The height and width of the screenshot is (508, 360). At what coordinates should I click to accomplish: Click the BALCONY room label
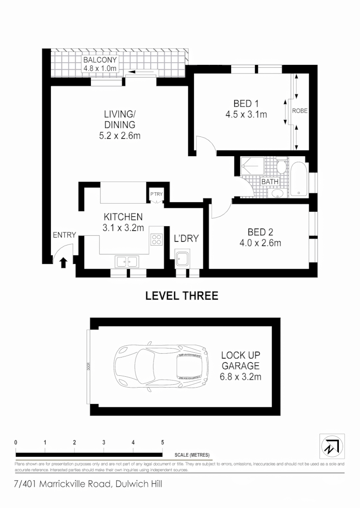click(x=100, y=60)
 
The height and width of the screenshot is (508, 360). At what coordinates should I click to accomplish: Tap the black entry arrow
click(x=64, y=262)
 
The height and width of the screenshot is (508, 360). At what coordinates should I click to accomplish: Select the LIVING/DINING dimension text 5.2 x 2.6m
click(x=120, y=136)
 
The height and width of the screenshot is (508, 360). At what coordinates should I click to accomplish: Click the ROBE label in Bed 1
click(x=300, y=111)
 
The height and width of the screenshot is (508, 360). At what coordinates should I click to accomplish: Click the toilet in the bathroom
click(x=281, y=167)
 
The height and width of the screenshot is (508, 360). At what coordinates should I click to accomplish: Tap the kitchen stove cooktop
click(x=156, y=239)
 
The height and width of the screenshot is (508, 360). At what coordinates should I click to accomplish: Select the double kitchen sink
click(x=126, y=261)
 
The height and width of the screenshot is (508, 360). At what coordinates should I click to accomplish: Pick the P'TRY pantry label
click(x=156, y=194)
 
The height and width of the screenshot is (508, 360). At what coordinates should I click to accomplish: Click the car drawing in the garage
click(x=160, y=365)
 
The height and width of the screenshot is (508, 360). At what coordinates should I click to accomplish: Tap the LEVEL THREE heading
click(x=182, y=296)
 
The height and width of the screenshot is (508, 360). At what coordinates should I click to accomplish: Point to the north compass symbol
click(x=332, y=446)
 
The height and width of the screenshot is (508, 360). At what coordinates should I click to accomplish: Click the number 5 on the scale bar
click(x=162, y=443)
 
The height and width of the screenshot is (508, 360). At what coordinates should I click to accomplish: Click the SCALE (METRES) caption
click(x=192, y=455)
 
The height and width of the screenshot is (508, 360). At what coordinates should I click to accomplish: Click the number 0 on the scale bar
click(x=16, y=443)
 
